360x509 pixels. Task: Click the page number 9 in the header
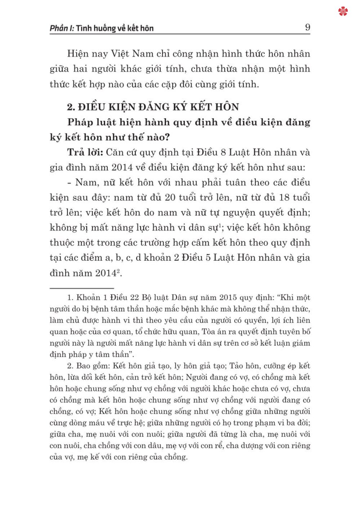(307, 27)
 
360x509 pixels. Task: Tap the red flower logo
(343, 12)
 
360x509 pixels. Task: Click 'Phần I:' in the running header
(62, 28)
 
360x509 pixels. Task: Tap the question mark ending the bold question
(167, 137)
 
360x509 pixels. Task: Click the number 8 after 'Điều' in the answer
(223, 152)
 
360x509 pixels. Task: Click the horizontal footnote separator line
(82, 288)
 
